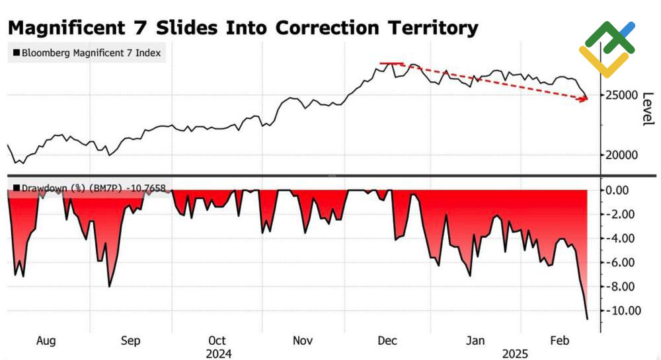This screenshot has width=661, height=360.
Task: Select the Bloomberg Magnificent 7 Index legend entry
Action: coord(90,52)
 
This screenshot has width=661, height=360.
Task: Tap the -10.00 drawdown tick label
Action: coord(623,310)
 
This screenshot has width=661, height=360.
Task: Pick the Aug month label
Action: coord(46,341)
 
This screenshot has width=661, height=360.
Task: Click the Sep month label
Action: coord(131,341)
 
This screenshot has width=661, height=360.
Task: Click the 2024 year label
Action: coord(217,353)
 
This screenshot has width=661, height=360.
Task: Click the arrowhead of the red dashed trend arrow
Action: coord(585,100)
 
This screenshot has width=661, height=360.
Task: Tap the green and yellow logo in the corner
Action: coord(607,48)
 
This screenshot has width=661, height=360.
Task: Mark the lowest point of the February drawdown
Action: coord(587,319)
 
